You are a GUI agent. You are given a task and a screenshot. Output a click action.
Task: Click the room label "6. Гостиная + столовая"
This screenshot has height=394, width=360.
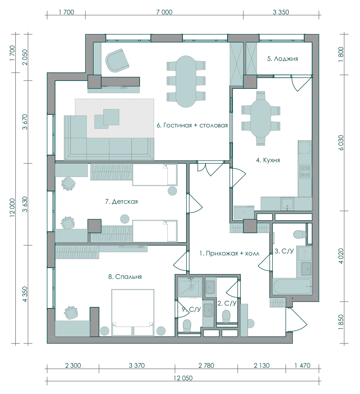(x=192, y=125)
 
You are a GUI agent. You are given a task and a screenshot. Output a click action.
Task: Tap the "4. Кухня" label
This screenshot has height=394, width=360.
(x=268, y=160)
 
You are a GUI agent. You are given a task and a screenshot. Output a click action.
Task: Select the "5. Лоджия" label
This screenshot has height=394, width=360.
(x=282, y=59)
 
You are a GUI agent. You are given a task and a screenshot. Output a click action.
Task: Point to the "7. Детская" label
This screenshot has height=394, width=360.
(x=121, y=201)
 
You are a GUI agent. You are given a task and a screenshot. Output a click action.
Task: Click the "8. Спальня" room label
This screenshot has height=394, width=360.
(x=125, y=277)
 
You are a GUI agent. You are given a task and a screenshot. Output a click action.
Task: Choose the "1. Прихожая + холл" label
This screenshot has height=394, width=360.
(x=229, y=253)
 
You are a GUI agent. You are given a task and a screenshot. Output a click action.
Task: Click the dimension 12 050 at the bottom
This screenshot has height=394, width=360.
(x=183, y=378)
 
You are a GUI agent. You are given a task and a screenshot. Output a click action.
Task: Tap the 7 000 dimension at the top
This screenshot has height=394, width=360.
(x=165, y=12)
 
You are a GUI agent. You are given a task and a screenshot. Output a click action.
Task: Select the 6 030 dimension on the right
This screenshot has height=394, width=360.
(x=341, y=143)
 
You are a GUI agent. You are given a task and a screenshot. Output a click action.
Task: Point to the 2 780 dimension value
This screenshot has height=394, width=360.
(x=206, y=365)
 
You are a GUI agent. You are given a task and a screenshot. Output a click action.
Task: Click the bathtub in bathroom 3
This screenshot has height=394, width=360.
(x=292, y=286)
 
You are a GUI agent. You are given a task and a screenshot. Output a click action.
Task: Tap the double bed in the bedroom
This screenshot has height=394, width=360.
(x=132, y=312)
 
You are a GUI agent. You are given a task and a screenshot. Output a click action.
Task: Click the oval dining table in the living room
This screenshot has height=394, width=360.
(x=186, y=81)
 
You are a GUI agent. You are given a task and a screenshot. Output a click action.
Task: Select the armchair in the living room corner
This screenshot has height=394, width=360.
(x=117, y=60)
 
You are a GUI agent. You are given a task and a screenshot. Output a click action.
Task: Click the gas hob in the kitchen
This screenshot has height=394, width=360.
(x=305, y=172)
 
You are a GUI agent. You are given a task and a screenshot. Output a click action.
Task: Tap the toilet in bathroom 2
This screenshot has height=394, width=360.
(x=226, y=317)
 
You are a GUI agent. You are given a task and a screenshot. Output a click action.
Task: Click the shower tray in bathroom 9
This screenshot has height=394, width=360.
(x=190, y=287)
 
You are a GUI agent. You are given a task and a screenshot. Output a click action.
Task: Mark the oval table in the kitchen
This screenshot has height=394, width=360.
(x=261, y=118)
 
